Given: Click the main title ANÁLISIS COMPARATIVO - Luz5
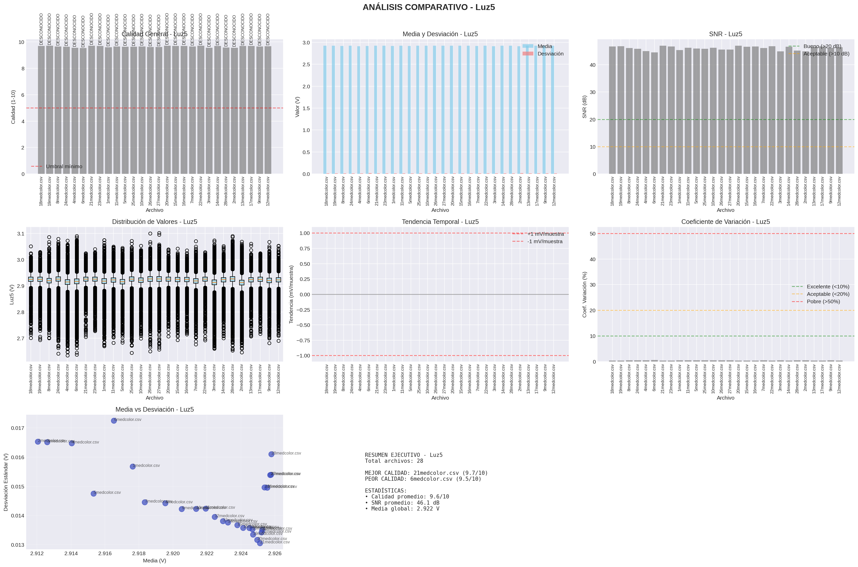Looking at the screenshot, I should (x=429, y=7).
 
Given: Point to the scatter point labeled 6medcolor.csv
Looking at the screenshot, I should (x=114, y=421).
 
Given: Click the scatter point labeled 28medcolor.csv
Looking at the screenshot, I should (x=272, y=454).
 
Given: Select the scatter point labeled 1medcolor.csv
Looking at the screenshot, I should (x=133, y=467).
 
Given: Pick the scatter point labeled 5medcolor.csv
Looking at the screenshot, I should (x=94, y=494).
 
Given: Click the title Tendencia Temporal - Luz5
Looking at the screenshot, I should (x=440, y=222).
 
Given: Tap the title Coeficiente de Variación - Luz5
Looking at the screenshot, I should (x=725, y=222).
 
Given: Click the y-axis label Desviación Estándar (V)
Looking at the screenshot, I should (x=6, y=482).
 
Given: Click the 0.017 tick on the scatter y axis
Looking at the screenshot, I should (x=17, y=428).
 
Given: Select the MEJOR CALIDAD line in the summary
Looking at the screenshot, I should (x=426, y=473).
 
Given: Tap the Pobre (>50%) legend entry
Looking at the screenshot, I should (x=823, y=301).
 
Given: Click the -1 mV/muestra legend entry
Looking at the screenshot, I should (x=544, y=242).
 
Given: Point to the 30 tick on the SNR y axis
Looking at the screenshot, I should (x=593, y=92).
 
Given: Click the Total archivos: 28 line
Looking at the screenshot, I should (x=393, y=461).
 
